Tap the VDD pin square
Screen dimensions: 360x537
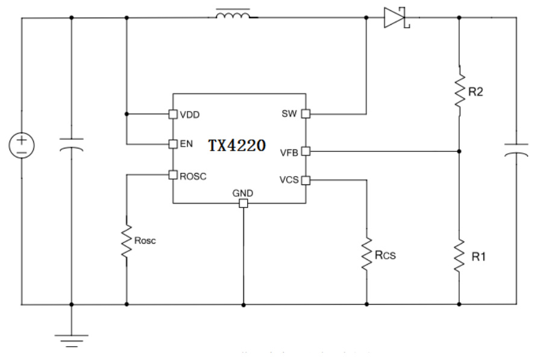[172, 113]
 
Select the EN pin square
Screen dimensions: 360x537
[172, 144]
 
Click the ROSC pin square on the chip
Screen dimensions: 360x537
[172, 175]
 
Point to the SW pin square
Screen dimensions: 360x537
[306, 113]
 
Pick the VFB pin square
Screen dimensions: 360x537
[306, 151]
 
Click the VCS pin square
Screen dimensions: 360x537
[306, 180]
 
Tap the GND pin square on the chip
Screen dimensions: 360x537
[243, 204]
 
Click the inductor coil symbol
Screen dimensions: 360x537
[234, 15]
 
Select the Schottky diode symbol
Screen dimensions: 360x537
[396, 17]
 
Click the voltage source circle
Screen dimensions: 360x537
[22, 146]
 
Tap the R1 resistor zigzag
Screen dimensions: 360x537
[459, 255]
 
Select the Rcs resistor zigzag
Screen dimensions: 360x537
[366, 254]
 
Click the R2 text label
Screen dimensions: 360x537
[477, 92]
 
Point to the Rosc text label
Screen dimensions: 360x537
[146, 240]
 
